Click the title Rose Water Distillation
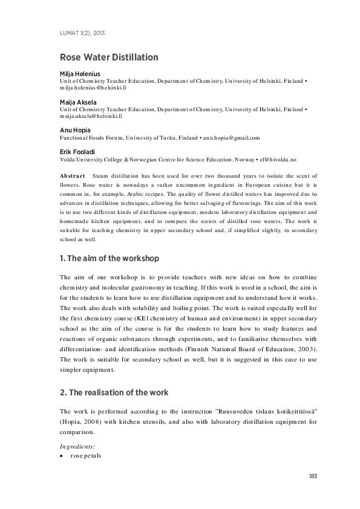(x=109, y=57)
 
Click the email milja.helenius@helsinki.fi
(x=93, y=88)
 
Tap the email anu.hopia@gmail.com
(x=229, y=138)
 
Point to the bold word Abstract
(x=72, y=175)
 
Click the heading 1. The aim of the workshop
(x=110, y=258)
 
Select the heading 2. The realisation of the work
(x=113, y=393)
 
